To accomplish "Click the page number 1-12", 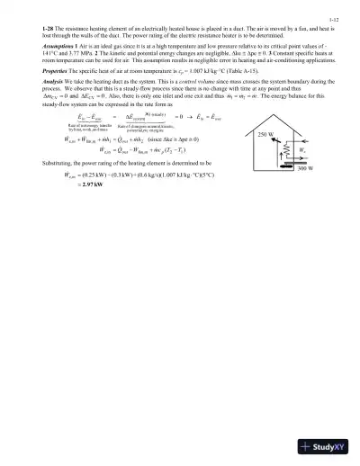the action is (332, 18).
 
